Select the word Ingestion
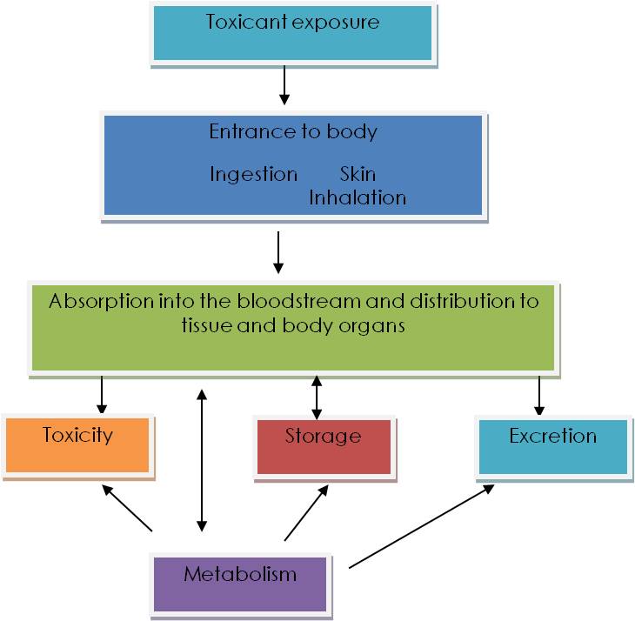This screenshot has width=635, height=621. [253, 174]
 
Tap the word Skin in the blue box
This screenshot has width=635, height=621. [358, 174]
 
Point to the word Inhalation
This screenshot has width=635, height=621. [358, 197]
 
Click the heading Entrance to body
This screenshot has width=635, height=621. [293, 132]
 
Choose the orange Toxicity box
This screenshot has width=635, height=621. [77, 446]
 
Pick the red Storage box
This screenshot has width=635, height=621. [323, 447]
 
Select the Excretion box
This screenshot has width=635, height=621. [552, 447]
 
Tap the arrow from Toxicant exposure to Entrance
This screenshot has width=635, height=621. [284, 87]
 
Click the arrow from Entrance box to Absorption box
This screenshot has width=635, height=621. [278, 251]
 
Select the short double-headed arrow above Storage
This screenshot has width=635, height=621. [316, 397]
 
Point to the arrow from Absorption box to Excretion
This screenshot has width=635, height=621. [539, 395]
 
